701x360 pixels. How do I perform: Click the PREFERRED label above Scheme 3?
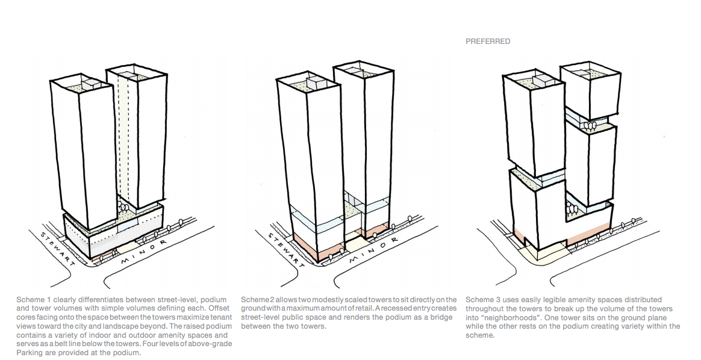click(x=488, y=42)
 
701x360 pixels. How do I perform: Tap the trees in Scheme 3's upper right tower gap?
click(x=591, y=125)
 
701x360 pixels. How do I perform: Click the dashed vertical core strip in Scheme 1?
click(x=124, y=138)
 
